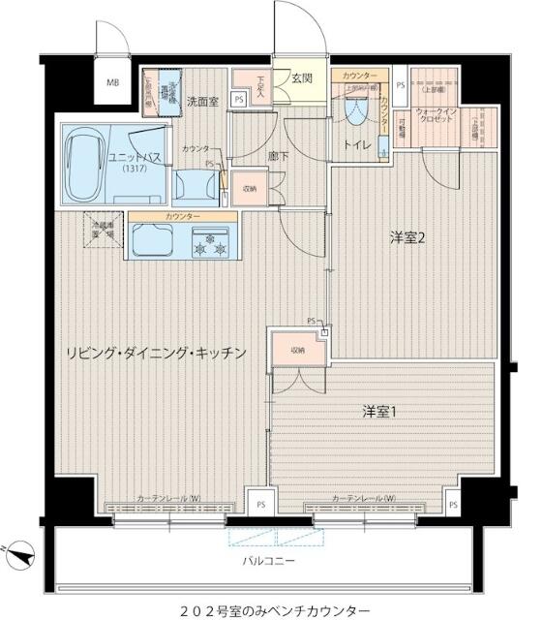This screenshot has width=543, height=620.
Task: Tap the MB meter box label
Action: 113,83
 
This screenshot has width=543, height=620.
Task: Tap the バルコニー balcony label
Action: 268,561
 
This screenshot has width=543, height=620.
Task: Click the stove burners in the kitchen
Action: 213,244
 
